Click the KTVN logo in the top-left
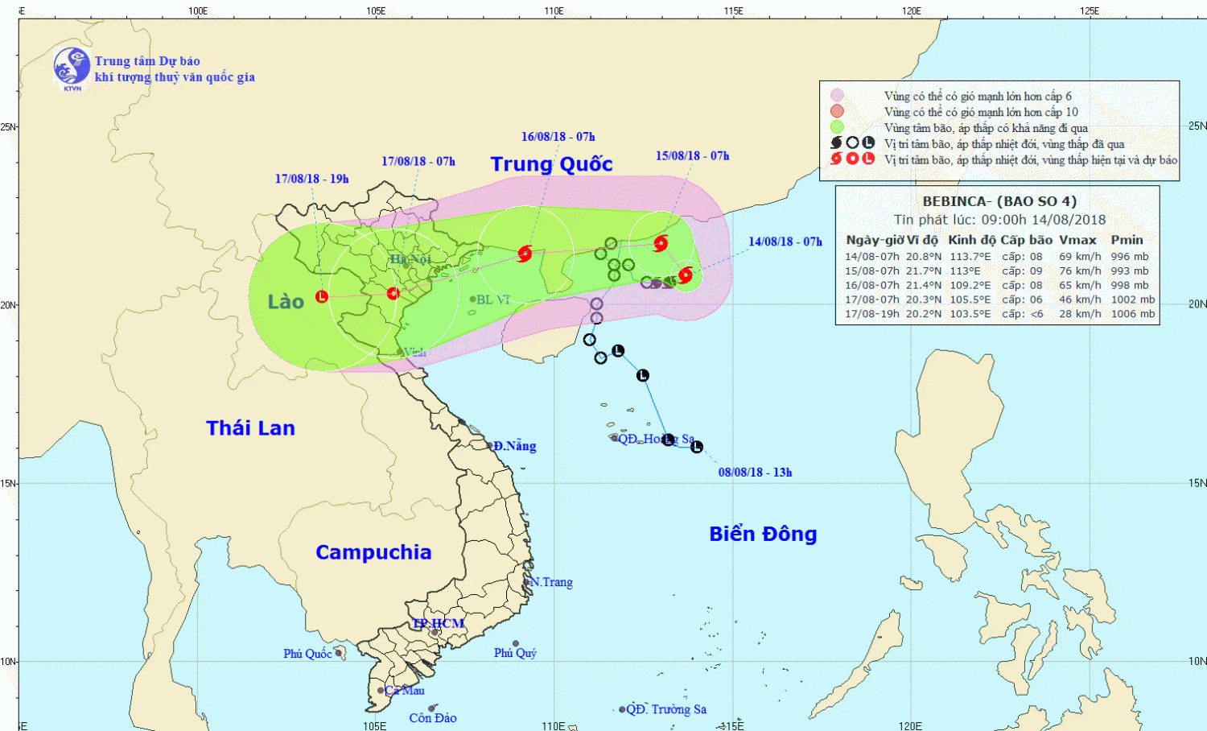[x=72, y=67]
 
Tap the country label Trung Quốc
[x=551, y=164]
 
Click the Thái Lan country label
[x=250, y=428]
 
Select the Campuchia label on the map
[x=373, y=552]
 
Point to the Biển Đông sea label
[x=763, y=534]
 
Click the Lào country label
[x=286, y=302]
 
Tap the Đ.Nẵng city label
[x=514, y=446]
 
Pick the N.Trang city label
[x=551, y=582]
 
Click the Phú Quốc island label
[x=307, y=654]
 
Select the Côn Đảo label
[x=432, y=718]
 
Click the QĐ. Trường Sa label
[x=666, y=709]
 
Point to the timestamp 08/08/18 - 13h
[x=755, y=473]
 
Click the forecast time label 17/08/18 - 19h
[x=311, y=179]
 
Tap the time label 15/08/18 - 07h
[x=692, y=156]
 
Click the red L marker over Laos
[x=322, y=296]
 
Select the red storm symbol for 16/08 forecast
[x=525, y=254]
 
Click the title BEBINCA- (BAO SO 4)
[x=999, y=201]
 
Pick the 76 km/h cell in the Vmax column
[x=1080, y=271]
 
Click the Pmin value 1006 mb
[x=1132, y=314]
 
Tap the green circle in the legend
[x=837, y=127]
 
